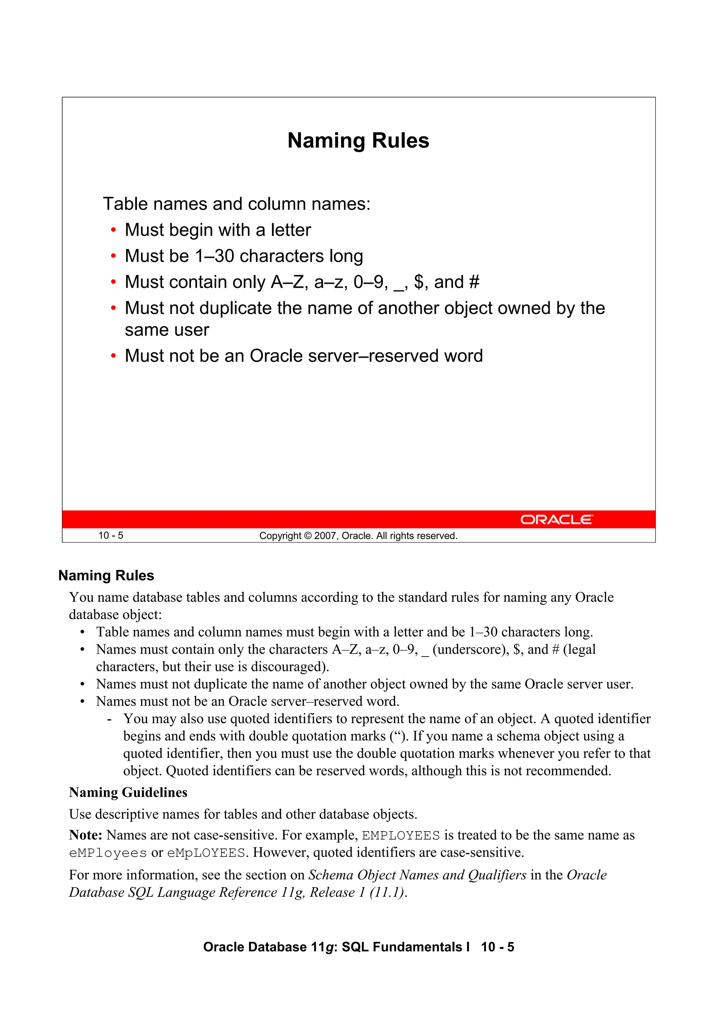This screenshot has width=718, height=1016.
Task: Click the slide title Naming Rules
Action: pos(358,141)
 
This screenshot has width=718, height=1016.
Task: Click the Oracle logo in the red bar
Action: pos(556,519)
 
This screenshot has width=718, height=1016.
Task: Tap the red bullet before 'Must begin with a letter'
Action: pos(114,230)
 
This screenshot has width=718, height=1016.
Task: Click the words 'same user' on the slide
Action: pos(167,330)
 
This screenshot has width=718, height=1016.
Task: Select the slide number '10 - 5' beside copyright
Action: pos(110,536)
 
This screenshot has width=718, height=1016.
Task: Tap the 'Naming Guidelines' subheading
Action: pos(128,793)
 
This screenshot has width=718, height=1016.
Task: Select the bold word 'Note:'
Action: pos(86,835)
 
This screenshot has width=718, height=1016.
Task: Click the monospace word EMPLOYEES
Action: pos(401,835)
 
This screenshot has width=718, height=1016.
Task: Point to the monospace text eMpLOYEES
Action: pos(206,853)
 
